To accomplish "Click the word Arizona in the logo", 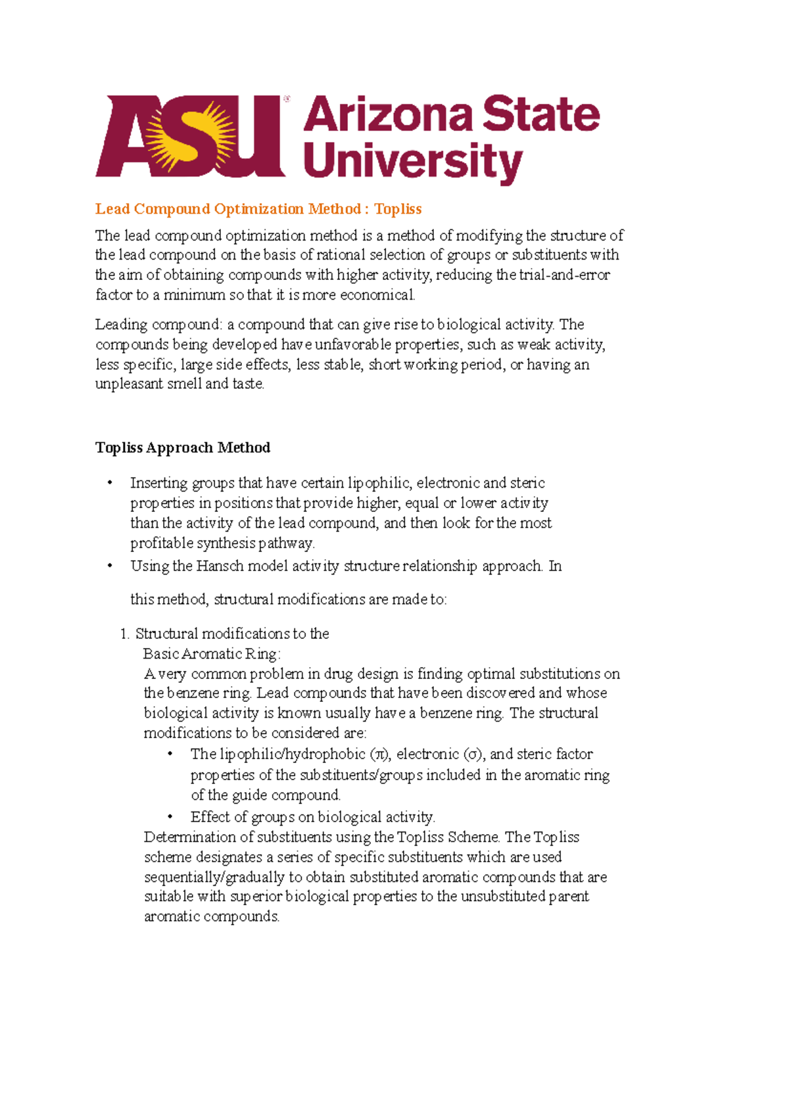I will coord(388,116).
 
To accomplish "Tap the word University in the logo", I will coord(412,162).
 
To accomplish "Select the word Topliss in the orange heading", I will coord(398,209).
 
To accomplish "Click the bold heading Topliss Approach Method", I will coord(183,448).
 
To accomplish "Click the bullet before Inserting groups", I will coord(110,484).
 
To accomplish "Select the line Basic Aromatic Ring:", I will coord(211,654).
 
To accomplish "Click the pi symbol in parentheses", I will coord(379,755).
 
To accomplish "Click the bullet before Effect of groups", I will coord(170,818).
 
